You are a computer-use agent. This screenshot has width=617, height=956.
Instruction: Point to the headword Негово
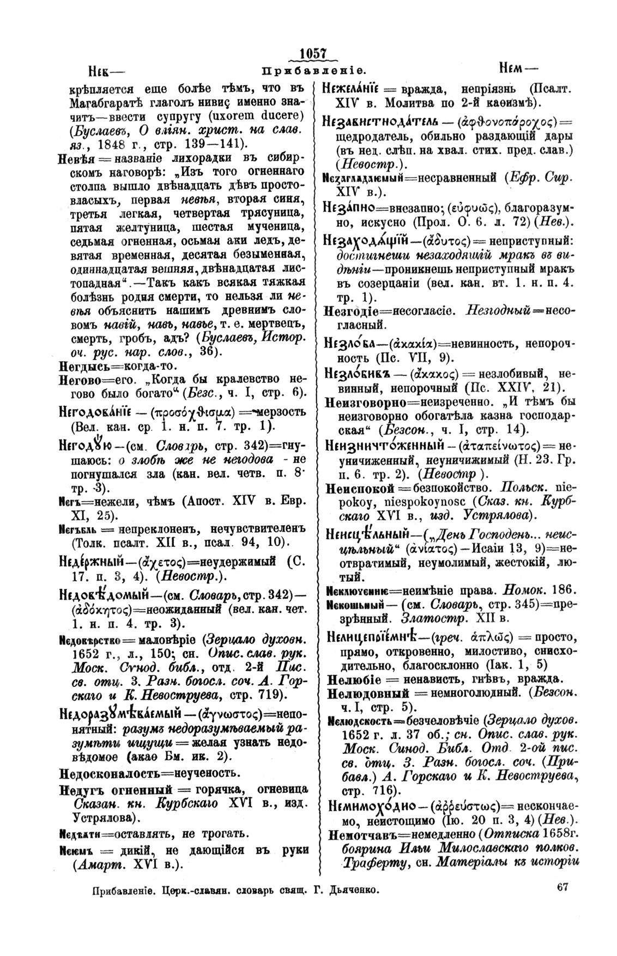coord(80,379)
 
